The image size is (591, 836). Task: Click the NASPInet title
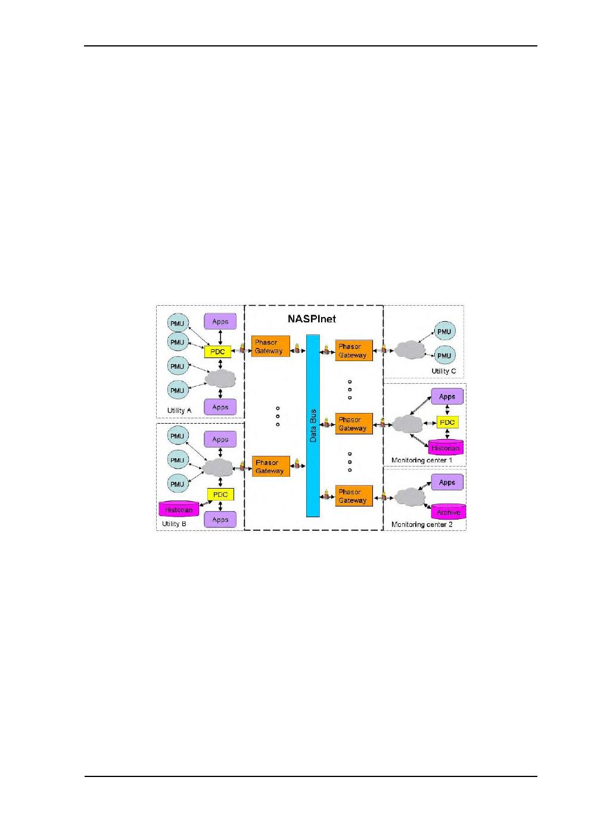pos(312,319)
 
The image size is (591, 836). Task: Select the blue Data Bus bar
pos(313,425)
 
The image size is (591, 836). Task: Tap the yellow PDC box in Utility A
pos(217,352)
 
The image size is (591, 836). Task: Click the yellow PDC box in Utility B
pos(220,495)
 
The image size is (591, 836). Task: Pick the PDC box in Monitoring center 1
pos(447,422)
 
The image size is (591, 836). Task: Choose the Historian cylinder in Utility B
pos(179,509)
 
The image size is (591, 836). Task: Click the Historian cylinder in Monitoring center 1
pos(446,447)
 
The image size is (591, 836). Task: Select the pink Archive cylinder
pos(448,512)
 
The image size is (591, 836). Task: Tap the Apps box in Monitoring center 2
pos(447,482)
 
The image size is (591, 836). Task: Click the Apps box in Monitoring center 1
pos(447,396)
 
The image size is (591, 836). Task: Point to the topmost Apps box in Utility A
pos(220,322)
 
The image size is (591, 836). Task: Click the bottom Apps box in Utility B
pos(220,520)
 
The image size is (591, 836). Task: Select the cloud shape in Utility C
pos(407,350)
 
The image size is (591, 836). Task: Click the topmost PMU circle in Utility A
pos(178,324)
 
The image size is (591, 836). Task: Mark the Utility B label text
pos(175,524)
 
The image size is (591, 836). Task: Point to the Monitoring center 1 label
pos(422,461)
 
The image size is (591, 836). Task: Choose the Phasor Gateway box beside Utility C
pos(353,350)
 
